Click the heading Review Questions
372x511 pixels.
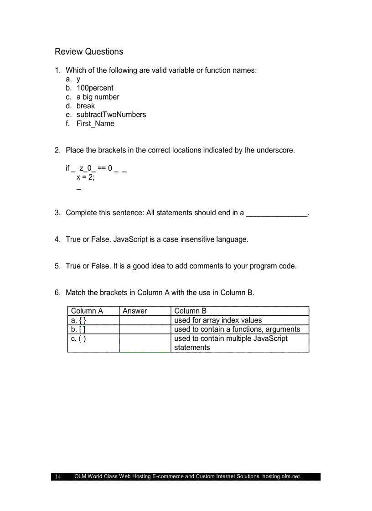[89, 51]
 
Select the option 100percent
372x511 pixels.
[95, 88]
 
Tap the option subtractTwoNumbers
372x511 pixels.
[111, 115]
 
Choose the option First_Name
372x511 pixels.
[95, 123]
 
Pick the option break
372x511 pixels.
[86, 106]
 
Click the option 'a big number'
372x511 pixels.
[98, 97]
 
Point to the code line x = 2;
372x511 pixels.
[86, 177]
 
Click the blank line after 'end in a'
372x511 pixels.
[277, 213]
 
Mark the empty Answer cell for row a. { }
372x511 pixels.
[145, 320]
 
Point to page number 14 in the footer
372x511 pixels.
[57, 476]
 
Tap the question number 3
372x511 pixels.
[57, 212]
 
